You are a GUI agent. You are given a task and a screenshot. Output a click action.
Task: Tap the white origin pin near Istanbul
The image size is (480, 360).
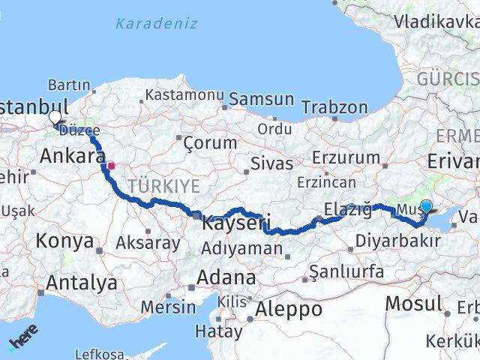[x=55, y=118]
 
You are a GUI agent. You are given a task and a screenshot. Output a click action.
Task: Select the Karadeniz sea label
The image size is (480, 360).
[x=156, y=23]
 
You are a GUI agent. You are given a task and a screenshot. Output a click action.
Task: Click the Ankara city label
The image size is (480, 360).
[x=72, y=157]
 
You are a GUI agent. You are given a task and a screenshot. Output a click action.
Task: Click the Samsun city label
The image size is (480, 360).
[x=261, y=99]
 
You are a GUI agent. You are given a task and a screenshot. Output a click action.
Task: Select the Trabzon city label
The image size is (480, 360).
[x=334, y=107]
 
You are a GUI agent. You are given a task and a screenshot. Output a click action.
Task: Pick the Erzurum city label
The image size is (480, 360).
[x=346, y=157]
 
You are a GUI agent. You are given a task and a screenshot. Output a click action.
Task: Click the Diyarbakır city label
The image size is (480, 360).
[x=397, y=241]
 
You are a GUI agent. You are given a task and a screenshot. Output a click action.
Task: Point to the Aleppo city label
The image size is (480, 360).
[x=289, y=308]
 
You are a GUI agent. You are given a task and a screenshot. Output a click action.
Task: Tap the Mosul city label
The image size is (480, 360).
[x=413, y=304]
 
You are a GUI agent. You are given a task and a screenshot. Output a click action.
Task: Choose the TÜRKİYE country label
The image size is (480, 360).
[x=164, y=185]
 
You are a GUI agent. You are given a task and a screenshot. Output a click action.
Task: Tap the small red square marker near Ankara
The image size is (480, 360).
[x=111, y=166]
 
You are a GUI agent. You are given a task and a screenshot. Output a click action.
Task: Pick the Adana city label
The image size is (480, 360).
[x=226, y=277]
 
